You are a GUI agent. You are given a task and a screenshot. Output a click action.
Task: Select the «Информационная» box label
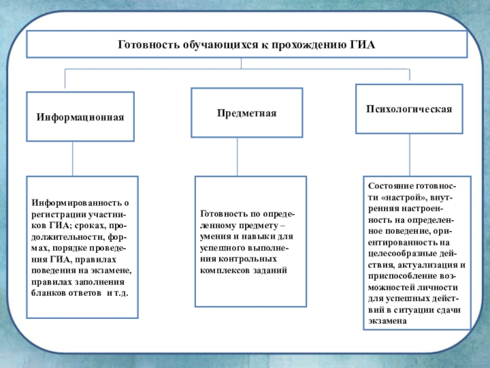point(80,117)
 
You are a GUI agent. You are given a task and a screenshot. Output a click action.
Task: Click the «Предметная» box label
point(246,113)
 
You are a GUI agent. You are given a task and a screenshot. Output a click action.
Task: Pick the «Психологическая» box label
point(409,109)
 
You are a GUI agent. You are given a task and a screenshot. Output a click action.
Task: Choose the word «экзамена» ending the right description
point(388,320)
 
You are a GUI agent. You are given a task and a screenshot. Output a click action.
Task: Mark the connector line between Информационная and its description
point(73,159)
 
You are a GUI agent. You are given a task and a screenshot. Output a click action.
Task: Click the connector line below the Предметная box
point(237,156)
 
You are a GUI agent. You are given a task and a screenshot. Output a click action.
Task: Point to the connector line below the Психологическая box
point(409,153)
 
